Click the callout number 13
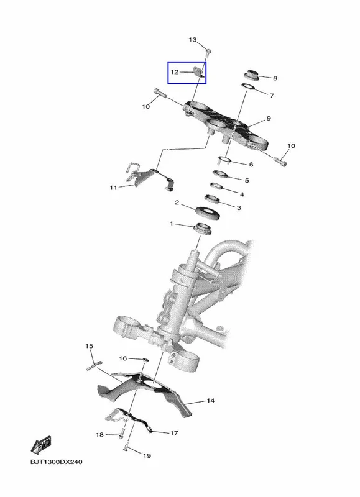pos(193,40)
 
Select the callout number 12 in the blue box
pos(175,72)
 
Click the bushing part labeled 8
pos(252,75)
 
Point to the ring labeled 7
pos(248,86)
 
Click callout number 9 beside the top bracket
pos(269,118)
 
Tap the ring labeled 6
pos(225,160)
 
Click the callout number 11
pos(113,188)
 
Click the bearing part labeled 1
pos(202,228)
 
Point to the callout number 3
pos(239,207)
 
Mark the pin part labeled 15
pos(93,365)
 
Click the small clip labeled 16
pos(145,360)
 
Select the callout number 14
pos(210,401)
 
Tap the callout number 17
pos(174,433)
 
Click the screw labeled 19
pos(126,447)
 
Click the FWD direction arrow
pos(42,445)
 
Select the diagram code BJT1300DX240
pos(57,462)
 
